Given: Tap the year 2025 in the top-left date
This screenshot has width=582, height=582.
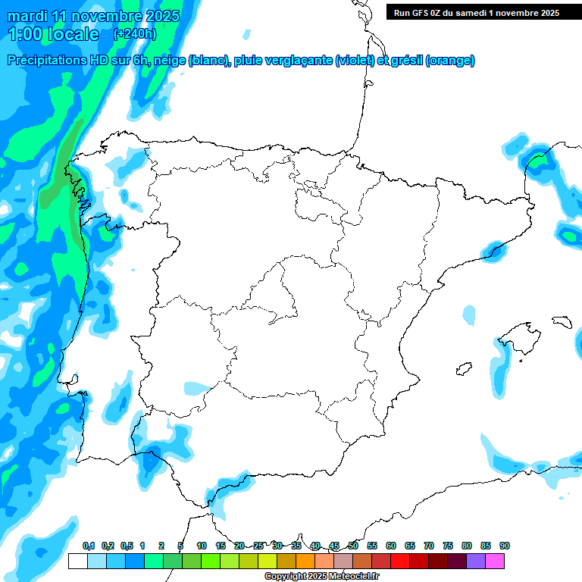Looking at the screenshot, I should [x=162, y=16].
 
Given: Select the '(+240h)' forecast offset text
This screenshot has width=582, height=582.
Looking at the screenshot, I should [x=134, y=34].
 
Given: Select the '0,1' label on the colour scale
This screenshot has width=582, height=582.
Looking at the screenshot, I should [x=89, y=546].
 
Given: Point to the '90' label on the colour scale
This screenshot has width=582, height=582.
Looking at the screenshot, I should [x=505, y=546].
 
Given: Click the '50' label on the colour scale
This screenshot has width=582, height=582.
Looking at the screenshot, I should [x=353, y=546].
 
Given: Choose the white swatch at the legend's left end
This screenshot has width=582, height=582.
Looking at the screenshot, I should [x=77, y=561].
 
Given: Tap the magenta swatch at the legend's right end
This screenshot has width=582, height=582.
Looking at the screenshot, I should [x=495, y=561].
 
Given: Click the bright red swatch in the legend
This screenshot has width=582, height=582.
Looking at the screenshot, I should [x=400, y=561].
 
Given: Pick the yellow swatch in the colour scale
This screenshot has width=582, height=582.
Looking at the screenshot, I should [x=268, y=561].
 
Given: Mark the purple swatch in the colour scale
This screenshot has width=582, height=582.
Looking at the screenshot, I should [x=476, y=561].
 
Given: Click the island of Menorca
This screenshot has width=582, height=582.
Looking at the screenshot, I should [x=562, y=321].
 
